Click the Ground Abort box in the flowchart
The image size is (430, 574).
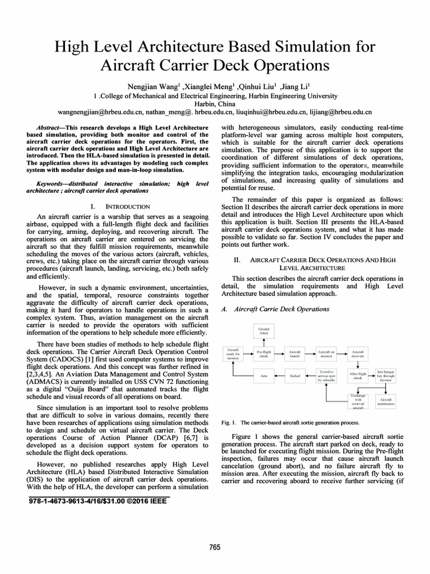[x=263, y=331]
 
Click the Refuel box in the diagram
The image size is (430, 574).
[x=295, y=376]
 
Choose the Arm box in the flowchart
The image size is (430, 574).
[x=263, y=376]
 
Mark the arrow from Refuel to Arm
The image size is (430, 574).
[x=279, y=376]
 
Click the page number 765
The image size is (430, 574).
[x=214, y=547]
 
